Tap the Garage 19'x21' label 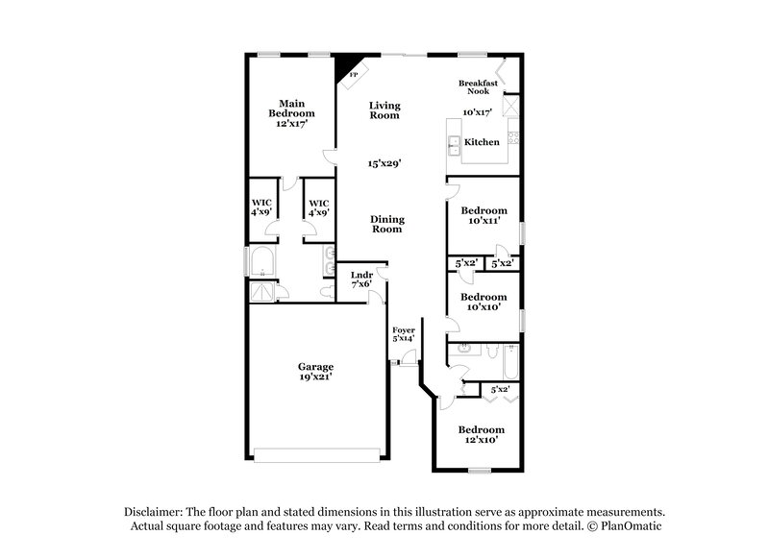tap(314, 371)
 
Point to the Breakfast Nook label tap(478, 86)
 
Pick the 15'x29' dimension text tap(384, 163)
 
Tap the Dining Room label tap(386, 224)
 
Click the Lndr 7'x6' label tap(361, 279)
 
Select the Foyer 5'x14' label tap(403, 333)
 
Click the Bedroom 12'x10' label tap(481, 434)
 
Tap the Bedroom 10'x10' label tap(483, 302)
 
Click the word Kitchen tap(482, 142)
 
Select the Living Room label tap(385, 110)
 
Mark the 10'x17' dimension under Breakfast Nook tap(478, 112)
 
